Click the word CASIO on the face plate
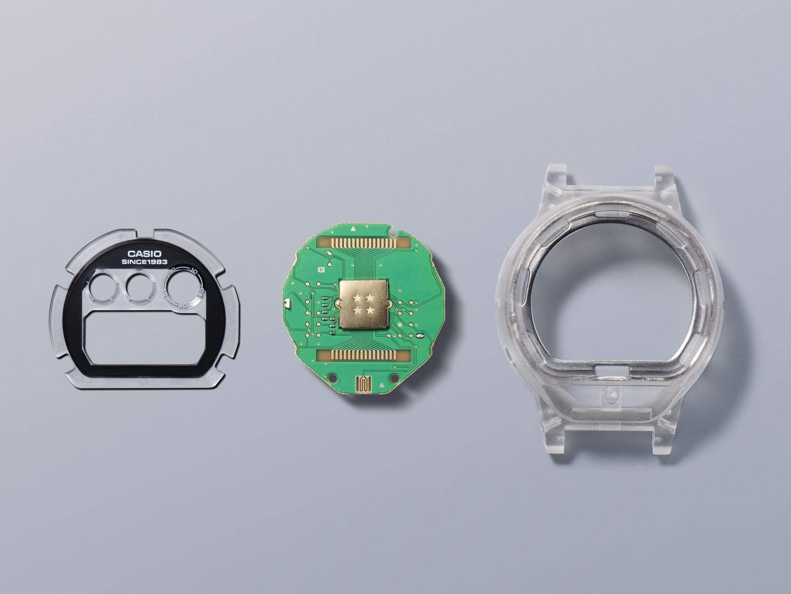coord(144,254)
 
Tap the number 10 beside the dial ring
coord(194,271)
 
